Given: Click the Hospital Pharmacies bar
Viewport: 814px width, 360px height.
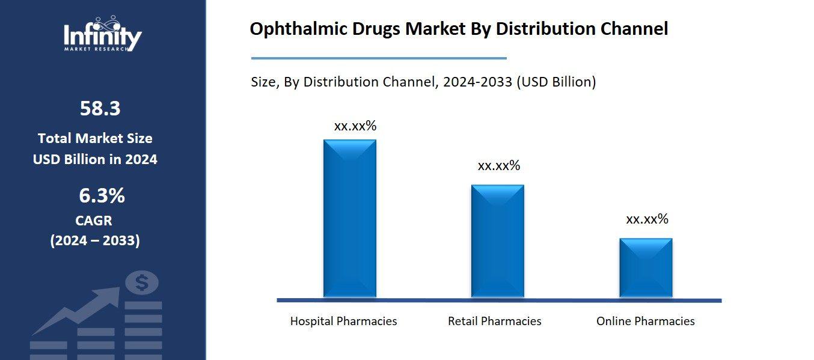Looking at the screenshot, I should click(349, 219).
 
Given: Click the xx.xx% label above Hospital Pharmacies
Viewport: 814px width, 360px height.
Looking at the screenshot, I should click(355, 126).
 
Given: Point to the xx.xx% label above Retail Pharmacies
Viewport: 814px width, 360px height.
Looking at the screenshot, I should click(498, 166).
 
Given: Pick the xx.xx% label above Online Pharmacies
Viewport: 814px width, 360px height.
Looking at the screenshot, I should click(647, 219).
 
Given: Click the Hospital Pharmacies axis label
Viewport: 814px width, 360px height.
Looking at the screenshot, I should click(343, 322).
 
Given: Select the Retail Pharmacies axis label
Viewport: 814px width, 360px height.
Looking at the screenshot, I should click(494, 322).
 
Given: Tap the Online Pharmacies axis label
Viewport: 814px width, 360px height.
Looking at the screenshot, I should click(645, 322).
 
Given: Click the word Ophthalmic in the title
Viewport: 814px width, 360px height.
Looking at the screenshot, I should click(292, 29).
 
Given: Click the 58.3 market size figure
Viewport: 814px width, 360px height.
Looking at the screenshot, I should click(100, 109).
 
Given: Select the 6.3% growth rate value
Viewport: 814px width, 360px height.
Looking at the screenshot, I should click(102, 196).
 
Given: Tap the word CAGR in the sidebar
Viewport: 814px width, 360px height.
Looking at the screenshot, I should click(94, 221).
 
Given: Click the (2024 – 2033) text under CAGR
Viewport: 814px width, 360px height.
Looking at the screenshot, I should click(94, 241).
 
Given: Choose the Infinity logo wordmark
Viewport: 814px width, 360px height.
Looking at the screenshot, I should click(103, 37).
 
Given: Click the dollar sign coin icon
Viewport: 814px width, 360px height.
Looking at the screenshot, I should click(142, 282).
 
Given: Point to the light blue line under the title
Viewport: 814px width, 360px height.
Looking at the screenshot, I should click(378, 58).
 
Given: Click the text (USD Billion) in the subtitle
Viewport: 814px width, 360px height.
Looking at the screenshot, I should click(556, 82).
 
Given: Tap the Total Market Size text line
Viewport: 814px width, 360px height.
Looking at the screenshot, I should click(95, 138).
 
